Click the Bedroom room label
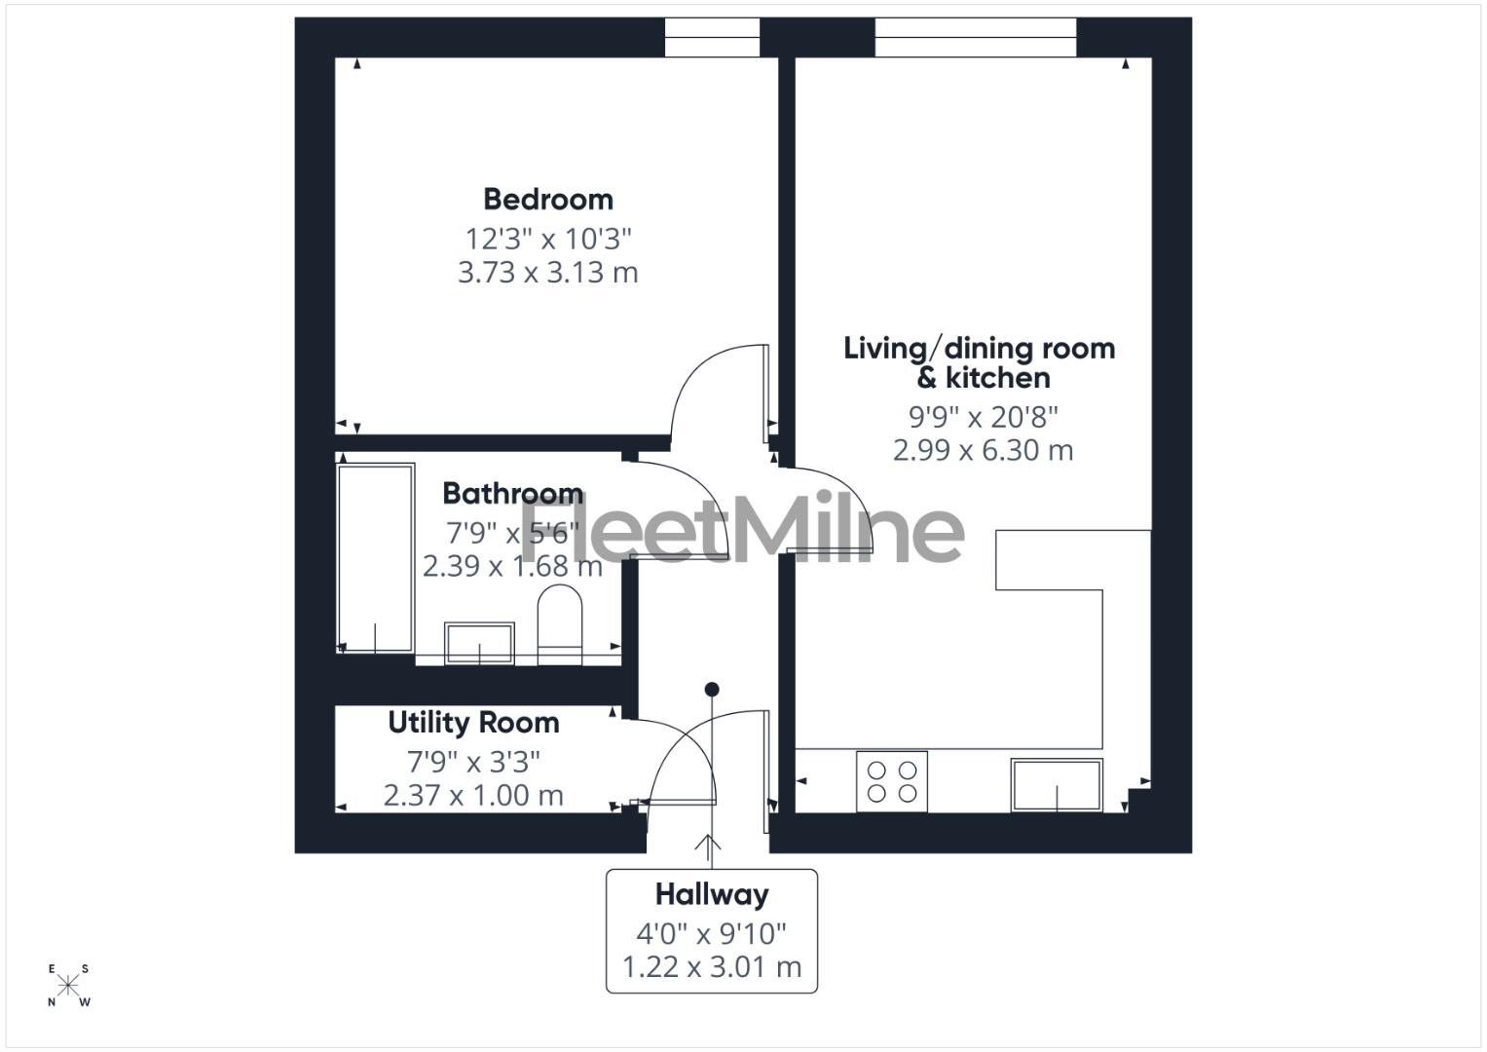pos(548,200)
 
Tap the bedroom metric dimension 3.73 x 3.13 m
pos(548,273)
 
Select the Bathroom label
pos(512,493)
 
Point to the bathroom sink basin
pos(479,642)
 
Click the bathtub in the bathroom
pos(375,558)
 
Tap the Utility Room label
pos(473,723)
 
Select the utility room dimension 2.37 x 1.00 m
pos(473,796)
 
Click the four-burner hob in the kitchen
pos(892,781)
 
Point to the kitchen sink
pos(1057,785)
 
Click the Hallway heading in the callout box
pos(712,894)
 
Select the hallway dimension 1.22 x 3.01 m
pos(712,967)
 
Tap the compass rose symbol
pos(68,985)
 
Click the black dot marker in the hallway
pos(712,690)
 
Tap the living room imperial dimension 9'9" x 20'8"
pos(984,417)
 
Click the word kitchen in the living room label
pos(998,378)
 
